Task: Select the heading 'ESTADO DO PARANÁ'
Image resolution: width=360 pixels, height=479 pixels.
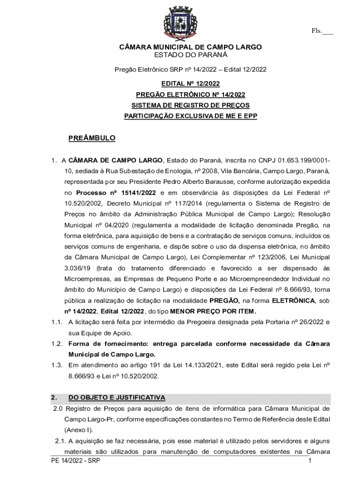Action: click(x=191, y=55)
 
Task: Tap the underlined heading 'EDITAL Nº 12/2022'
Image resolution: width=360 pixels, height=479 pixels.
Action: click(x=190, y=84)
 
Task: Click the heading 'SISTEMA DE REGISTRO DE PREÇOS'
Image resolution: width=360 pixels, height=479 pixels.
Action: click(x=190, y=105)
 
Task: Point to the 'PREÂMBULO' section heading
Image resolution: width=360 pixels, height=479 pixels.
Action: click(x=92, y=138)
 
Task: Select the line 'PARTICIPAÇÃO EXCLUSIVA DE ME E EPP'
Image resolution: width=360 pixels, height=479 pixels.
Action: click(x=190, y=116)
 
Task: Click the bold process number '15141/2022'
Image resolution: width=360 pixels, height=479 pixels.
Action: click(x=138, y=193)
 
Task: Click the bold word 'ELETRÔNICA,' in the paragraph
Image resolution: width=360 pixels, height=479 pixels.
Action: click(x=293, y=300)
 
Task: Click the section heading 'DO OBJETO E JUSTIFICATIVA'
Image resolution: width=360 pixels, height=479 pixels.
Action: click(x=116, y=398)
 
